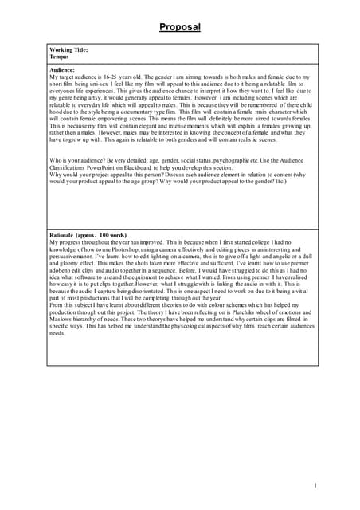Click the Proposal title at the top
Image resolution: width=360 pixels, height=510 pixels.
(179, 27)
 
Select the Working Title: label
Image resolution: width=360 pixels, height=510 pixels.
(68, 50)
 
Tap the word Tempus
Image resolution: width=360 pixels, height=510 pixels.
(59, 57)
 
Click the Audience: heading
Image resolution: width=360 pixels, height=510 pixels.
(62, 70)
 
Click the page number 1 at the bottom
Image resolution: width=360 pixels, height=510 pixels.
(315, 486)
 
